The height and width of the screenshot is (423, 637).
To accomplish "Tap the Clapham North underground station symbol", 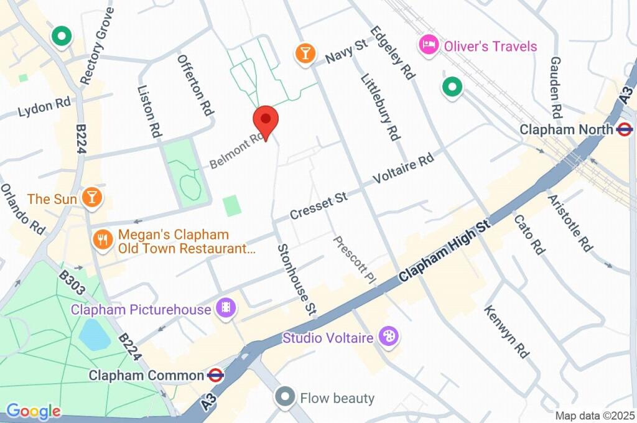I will coord(625,129).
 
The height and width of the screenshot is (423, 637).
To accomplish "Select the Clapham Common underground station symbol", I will coord(216,375).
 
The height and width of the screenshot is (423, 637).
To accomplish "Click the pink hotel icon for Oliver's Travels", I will coord(429,45).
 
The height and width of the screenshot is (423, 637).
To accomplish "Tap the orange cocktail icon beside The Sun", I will coord(92,198).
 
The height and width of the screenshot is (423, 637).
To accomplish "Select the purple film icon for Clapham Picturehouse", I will coord(225,308).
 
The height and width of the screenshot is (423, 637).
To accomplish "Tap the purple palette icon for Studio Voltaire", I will coord(389,337).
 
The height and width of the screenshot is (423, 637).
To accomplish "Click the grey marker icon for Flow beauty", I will coord(285,397).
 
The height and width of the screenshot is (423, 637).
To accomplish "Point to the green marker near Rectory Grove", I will coord(62,37).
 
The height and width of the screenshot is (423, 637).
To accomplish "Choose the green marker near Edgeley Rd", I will coord(452,87).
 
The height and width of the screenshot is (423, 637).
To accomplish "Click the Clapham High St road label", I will coord(445,249).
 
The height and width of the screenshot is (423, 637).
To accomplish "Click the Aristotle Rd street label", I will coord(570,221).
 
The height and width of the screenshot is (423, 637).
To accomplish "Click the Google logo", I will coord(33,411).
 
